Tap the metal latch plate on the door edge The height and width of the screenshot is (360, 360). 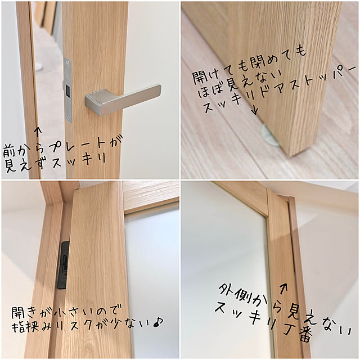(67, 90)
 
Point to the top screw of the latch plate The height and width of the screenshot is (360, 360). (67, 62)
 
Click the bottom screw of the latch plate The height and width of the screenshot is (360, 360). (68, 118)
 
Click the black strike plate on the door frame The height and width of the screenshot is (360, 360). (64, 265)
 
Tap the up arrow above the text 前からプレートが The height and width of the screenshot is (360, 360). (38, 133)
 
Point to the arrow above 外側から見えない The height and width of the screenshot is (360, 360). (283, 288)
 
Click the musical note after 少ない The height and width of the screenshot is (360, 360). (158, 322)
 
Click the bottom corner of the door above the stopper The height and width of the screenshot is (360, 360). (290, 156)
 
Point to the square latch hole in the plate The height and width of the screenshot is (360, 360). (68, 90)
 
